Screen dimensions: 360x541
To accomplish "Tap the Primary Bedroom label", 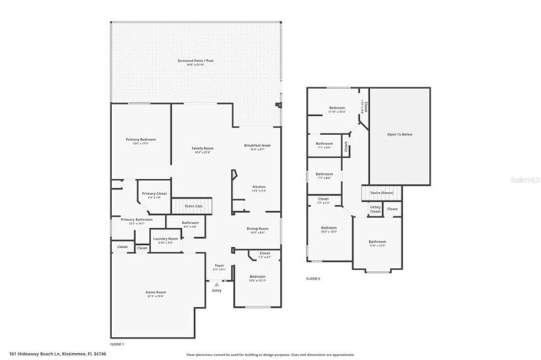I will pos(140,140).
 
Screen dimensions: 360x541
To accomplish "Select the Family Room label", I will pos(203,148).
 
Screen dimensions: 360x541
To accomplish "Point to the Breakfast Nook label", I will pos(258,146).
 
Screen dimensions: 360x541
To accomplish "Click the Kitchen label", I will pos(259,187).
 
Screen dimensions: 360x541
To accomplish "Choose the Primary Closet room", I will pos(153,194).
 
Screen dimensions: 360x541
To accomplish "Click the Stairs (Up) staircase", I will pos(192,206).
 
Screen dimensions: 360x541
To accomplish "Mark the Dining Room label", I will pos(258,229).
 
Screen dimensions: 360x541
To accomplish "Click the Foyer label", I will pos(219,267).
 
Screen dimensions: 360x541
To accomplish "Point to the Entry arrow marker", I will pos(216,282).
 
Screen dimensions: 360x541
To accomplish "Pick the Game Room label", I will pos(156,292).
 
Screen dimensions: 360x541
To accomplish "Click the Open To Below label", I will pos(400,134).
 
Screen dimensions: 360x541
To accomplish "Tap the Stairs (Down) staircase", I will pos(381,193).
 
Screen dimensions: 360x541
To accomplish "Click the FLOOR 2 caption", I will pos(313,278).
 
